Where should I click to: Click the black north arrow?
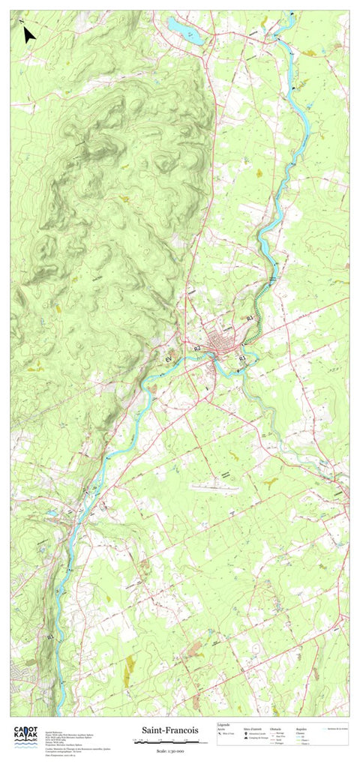29,35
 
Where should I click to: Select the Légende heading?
223,725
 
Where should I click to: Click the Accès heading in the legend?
222,729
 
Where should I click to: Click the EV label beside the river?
169,361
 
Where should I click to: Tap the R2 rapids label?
197,349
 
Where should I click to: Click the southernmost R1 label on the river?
50,637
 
